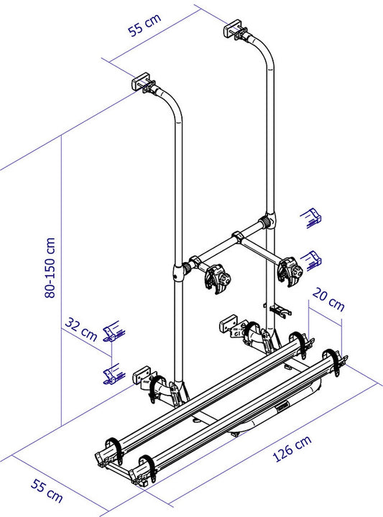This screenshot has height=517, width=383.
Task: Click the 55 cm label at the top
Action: pos(144,24)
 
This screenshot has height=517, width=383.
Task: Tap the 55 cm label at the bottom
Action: pos(47,490)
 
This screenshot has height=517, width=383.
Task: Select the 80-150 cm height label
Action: pos(50,268)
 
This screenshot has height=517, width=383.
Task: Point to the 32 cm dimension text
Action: pos(80,329)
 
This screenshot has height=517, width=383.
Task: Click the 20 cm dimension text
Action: pos(328,299)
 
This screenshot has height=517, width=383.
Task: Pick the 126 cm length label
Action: pos(292,448)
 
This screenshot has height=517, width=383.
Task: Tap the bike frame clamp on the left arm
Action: pos(217,278)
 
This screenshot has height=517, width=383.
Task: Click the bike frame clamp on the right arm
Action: pos(290,271)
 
